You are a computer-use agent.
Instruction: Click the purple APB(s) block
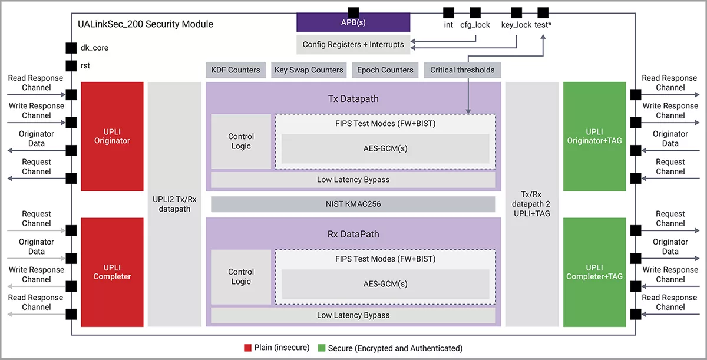(x=353, y=23)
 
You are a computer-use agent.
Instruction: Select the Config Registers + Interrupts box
(x=353, y=44)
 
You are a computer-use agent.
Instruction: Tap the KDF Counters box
(x=236, y=70)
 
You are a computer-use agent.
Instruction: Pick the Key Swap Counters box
(x=309, y=70)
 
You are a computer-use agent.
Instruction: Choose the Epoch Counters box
(x=385, y=70)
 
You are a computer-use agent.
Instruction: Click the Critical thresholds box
(x=462, y=70)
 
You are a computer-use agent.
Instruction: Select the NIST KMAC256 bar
(x=353, y=204)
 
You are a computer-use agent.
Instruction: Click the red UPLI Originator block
(x=112, y=136)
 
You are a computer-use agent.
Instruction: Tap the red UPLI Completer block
(x=112, y=272)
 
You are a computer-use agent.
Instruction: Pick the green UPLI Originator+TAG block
(x=594, y=136)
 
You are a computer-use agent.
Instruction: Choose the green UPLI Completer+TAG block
(x=594, y=272)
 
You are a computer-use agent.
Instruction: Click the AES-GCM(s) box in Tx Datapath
(x=385, y=148)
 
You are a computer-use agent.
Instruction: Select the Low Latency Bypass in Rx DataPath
(x=353, y=315)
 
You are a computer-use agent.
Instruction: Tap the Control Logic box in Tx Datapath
(x=241, y=141)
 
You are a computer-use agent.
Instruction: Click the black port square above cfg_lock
(x=475, y=12)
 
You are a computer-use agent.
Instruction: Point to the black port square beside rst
(x=71, y=66)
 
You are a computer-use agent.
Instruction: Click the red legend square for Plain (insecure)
(x=248, y=348)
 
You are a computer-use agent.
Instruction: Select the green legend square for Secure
(x=321, y=348)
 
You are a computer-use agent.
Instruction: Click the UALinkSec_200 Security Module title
(x=146, y=24)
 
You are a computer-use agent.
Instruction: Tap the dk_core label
(x=94, y=48)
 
